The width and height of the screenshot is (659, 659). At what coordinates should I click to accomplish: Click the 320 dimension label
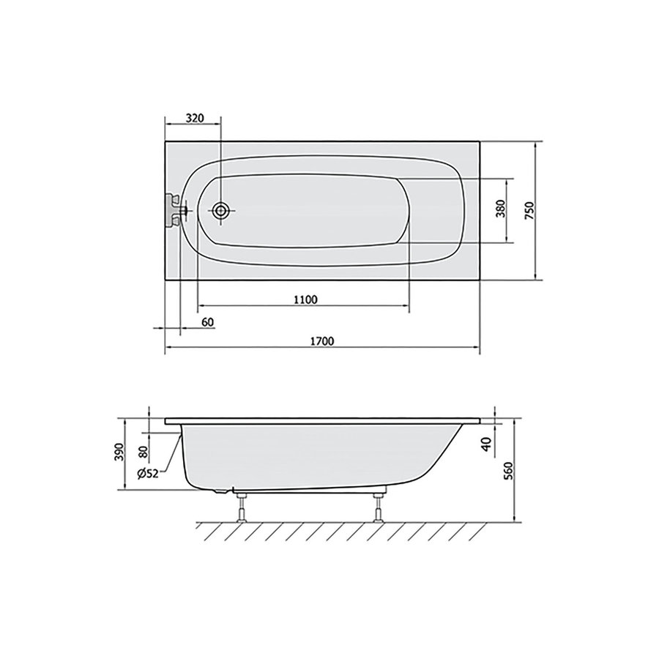194,118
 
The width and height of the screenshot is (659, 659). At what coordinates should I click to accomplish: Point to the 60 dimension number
206,323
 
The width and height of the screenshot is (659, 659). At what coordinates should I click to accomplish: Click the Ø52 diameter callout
149,474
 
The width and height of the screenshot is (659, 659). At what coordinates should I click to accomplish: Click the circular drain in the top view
221,211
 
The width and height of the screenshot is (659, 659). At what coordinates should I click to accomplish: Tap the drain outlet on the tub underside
222,491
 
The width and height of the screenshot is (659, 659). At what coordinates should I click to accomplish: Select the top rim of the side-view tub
322,421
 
